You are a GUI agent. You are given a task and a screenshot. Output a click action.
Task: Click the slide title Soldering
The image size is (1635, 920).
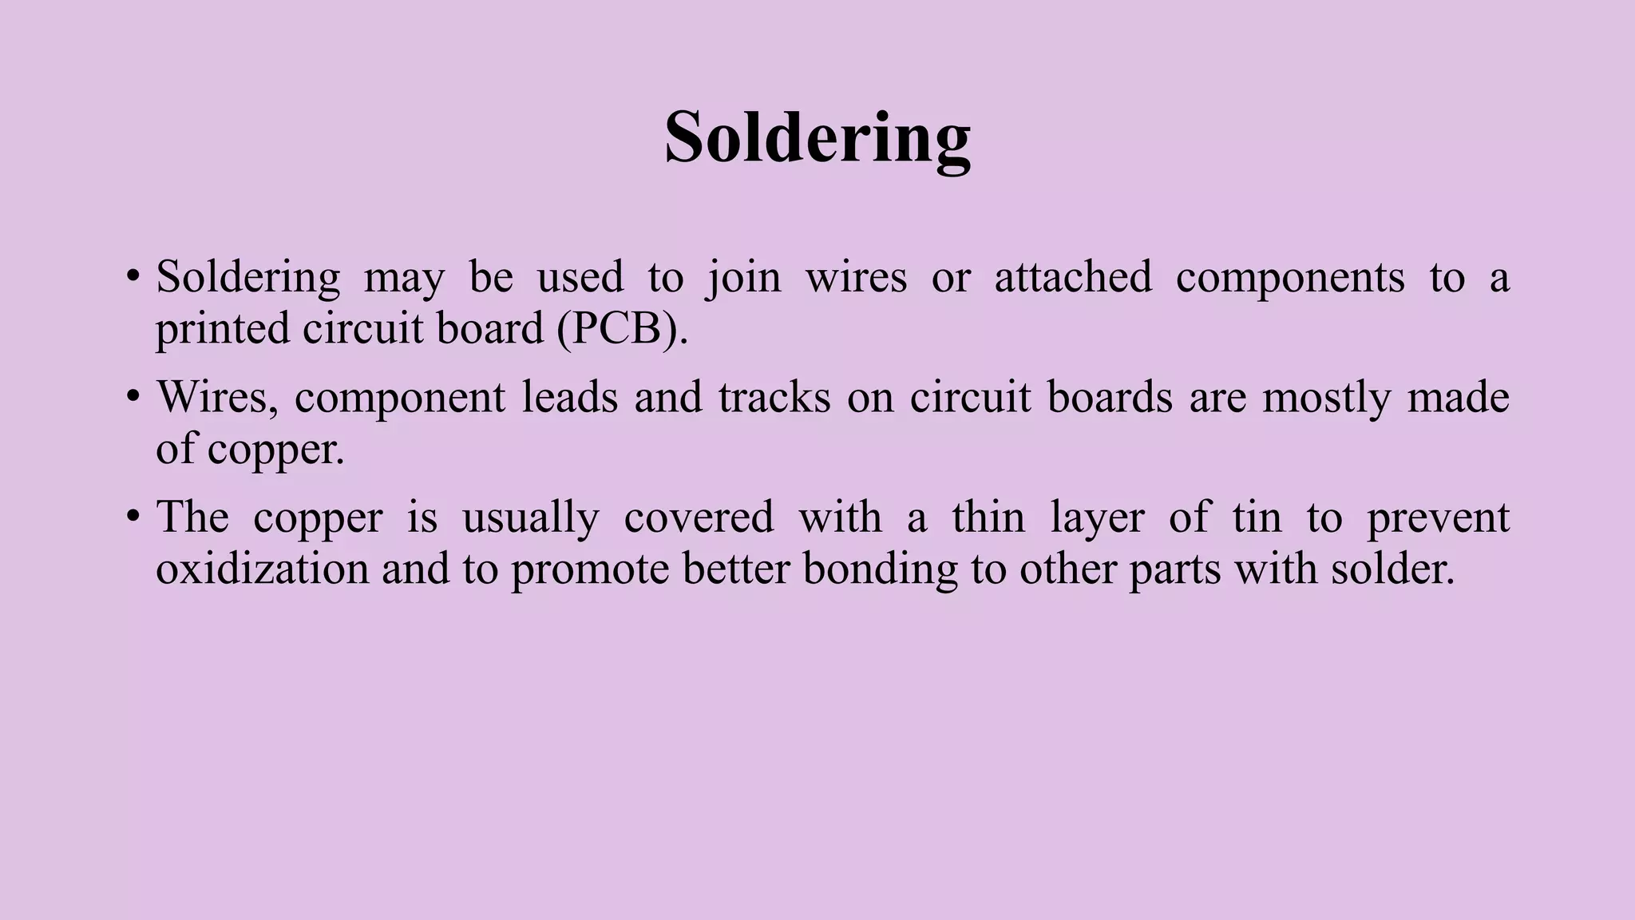[x=817, y=137]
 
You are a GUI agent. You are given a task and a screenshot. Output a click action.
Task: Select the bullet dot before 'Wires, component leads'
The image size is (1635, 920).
[x=133, y=398]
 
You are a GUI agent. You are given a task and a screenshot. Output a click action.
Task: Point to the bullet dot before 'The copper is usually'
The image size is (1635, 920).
[x=133, y=517]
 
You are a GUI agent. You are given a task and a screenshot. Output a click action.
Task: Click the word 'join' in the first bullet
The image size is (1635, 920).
[x=744, y=278]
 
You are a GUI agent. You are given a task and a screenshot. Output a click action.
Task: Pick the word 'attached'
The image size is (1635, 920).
[x=1073, y=277]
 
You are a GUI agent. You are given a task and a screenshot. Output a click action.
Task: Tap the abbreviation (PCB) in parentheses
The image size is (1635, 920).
[x=622, y=328]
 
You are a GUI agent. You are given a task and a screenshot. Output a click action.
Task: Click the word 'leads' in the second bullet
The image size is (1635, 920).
[x=570, y=397]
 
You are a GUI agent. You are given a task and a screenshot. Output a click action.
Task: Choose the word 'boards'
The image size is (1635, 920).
[x=1110, y=397]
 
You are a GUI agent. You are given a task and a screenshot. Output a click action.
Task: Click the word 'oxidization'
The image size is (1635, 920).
[x=262, y=569]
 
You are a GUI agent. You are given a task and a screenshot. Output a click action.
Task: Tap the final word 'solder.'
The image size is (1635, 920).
[x=1393, y=569]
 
